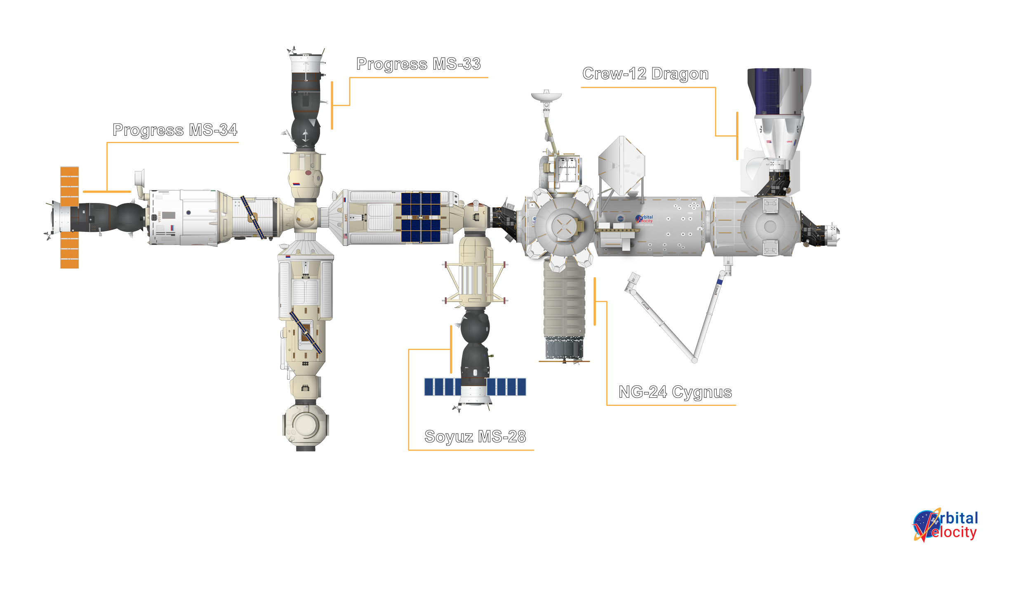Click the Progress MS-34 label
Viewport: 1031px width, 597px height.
(175, 130)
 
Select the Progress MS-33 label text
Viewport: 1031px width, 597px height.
(418, 64)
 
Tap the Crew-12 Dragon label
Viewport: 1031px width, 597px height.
(645, 74)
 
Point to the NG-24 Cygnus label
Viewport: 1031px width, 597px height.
(675, 392)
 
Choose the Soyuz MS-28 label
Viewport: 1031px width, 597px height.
(475, 437)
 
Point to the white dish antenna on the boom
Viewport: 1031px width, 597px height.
(546, 97)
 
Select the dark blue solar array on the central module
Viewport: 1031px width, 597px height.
(421, 217)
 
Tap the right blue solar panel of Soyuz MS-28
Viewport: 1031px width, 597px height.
(506, 387)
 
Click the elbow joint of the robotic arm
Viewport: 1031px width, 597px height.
(695, 361)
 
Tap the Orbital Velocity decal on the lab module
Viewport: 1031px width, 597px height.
(644, 219)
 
